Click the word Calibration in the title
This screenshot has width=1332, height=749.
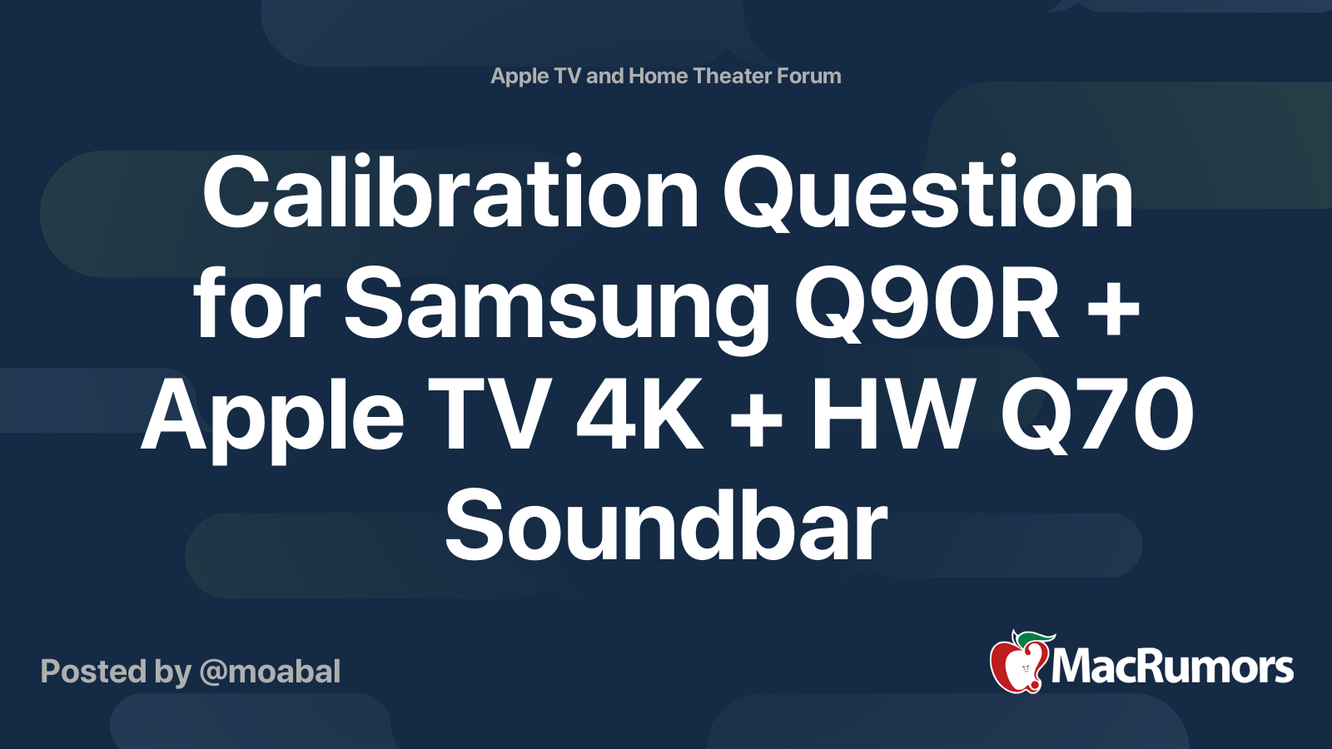click(450, 191)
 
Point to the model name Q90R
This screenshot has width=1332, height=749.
click(927, 303)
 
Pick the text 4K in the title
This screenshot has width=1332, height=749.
click(639, 414)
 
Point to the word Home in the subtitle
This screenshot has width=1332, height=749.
click(658, 76)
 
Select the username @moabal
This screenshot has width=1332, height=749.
click(270, 672)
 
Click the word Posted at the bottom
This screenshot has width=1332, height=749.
click(94, 672)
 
